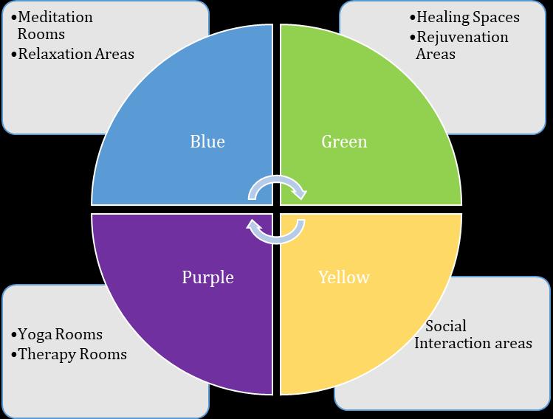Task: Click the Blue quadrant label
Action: tap(207, 141)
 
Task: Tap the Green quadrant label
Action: tap(344, 141)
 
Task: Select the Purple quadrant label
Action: tap(207, 277)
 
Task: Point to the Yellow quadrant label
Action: tap(343, 277)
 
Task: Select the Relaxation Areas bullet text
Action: tap(76, 53)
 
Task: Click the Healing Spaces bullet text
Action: tap(467, 17)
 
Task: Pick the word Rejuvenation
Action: tap(462, 36)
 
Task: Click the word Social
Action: tap(446, 325)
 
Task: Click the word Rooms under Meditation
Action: tap(41, 34)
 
